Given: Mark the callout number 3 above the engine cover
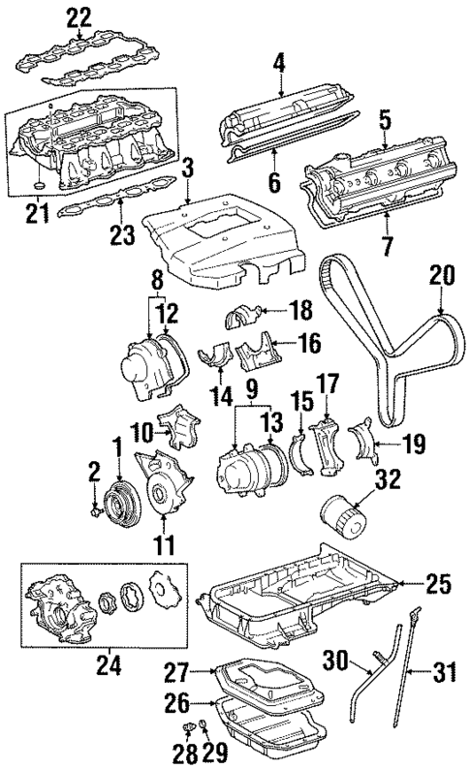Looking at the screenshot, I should point(188,167).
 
